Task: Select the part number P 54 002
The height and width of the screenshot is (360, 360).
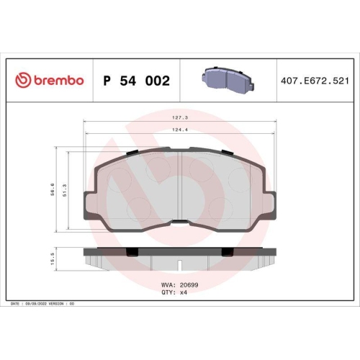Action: pos(137,81)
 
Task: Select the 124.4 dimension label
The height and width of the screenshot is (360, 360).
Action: pos(179,130)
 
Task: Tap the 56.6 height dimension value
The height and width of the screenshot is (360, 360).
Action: pos(52,189)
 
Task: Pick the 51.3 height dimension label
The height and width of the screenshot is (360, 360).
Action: pos(66,189)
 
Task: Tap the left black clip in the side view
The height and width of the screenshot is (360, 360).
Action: pos(132,251)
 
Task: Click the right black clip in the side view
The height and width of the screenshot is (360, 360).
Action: pos(227,251)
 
